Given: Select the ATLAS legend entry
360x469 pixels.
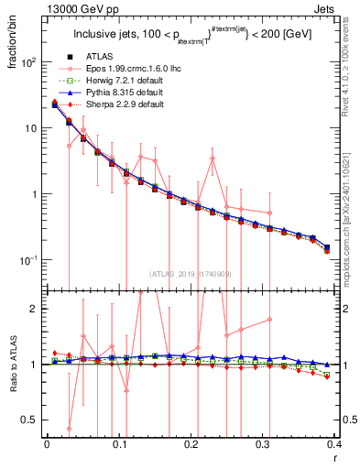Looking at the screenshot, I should pyautogui.click(x=103, y=58).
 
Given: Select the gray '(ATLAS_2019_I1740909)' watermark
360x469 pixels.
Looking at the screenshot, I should pyautogui.click(x=191, y=273).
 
